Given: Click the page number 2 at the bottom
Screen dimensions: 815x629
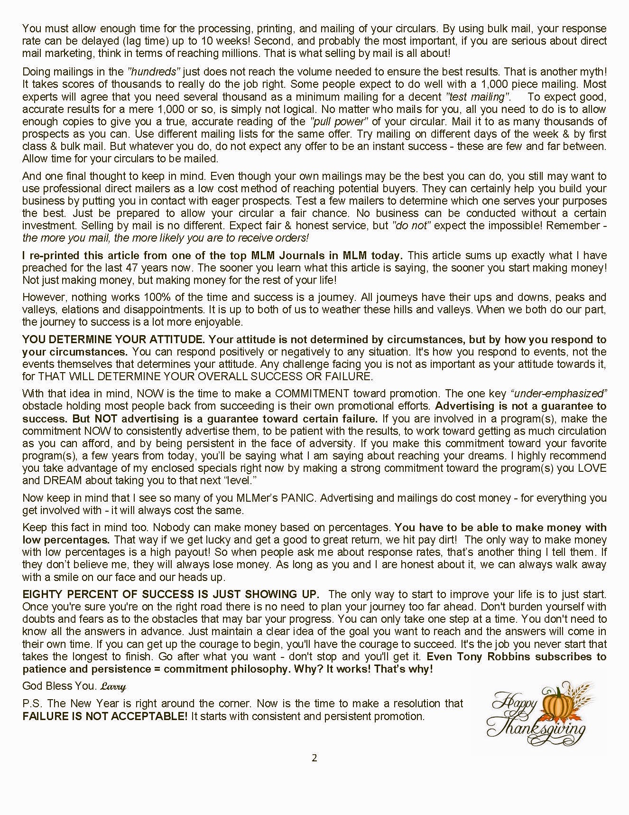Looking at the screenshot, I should pyautogui.click(x=314, y=758).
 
